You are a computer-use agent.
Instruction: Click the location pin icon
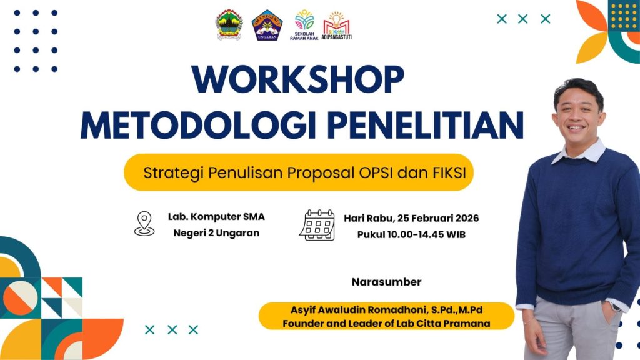click(144, 224)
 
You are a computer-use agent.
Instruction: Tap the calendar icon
click(317, 225)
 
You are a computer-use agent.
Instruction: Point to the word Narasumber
click(386, 282)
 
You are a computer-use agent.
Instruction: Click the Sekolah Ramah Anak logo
click(304, 25)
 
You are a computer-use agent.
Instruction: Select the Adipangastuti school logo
click(336, 25)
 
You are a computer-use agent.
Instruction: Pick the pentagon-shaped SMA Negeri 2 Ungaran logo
click(267, 25)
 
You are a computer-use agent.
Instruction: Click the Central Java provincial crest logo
click(229, 24)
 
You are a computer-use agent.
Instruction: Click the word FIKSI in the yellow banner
click(449, 172)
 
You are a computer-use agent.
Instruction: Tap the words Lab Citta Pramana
click(454, 324)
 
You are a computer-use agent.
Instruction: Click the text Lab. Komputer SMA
click(216, 217)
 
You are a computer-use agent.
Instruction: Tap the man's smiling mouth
click(576, 127)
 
